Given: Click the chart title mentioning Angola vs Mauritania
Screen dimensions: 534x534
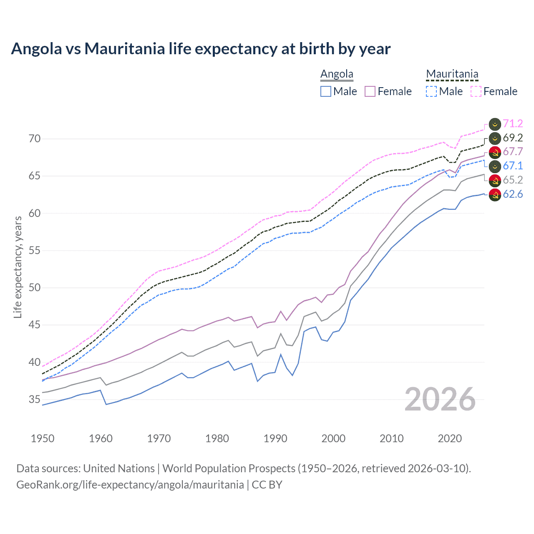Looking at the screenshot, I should (x=201, y=49).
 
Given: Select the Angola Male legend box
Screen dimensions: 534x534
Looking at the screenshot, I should (x=326, y=91).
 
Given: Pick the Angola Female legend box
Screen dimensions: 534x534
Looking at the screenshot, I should (x=370, y=91).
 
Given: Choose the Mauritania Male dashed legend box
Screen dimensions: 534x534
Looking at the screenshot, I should (x=431, y=91).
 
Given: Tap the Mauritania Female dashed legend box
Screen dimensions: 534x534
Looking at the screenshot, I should (x=476, y=91).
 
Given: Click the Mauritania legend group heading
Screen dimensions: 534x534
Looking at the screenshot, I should (x=452, y=74).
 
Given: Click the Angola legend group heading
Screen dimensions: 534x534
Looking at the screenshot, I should (x=337, y=74).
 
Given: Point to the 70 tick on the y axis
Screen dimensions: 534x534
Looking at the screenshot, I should (x=35, y=139).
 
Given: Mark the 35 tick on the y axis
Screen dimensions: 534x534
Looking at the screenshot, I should (x=35, y=400).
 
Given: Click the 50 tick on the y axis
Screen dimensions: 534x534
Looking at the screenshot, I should (x=35, y=288).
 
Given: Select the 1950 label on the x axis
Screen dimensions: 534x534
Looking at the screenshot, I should (x=43, y=438).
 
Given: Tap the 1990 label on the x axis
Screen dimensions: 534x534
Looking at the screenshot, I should (x=275, y=438).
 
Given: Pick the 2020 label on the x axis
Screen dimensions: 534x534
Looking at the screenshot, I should (x=450, y=438).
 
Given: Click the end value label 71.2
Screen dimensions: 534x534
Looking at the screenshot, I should (x=513, y=124).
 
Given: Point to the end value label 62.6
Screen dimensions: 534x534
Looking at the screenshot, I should (x=513, y=194).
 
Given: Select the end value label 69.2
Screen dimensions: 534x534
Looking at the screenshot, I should (x=513, y=138).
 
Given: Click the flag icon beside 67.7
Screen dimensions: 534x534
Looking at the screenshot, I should (x=495, y=152).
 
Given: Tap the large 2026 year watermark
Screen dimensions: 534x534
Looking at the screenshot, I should (x=440, y=400).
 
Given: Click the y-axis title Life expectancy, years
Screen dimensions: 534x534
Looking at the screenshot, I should (x=18, y=267).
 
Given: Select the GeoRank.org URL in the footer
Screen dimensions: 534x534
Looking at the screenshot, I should (x=130, y=485).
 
